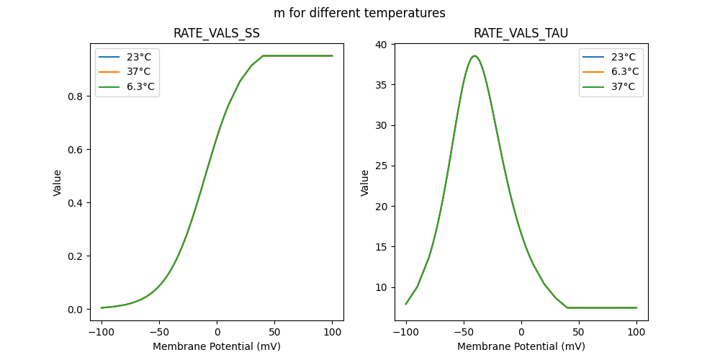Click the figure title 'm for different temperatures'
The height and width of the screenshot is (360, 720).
(x=359, y=13)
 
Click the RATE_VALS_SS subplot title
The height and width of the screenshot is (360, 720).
(x=217, y=33)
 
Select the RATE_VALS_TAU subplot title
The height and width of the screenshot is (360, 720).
(x=521, y=33)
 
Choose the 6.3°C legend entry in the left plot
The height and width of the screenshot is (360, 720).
(x=136, y=87)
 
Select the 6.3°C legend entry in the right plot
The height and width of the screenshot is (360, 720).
(x=620, y=72)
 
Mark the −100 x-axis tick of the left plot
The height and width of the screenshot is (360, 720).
(x=102, y=333)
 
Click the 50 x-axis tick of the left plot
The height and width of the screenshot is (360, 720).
(x=274, y=333)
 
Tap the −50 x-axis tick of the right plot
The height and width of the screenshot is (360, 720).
(x=464, y=333)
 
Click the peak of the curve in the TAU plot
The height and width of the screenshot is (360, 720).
(x=474, y=56)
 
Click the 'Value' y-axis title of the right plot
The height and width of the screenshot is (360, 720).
(x=365, y=183)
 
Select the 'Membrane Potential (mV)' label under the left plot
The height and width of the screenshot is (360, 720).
(x=217, y=346)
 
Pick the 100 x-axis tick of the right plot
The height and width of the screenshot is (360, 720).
(x=636, y=333)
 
